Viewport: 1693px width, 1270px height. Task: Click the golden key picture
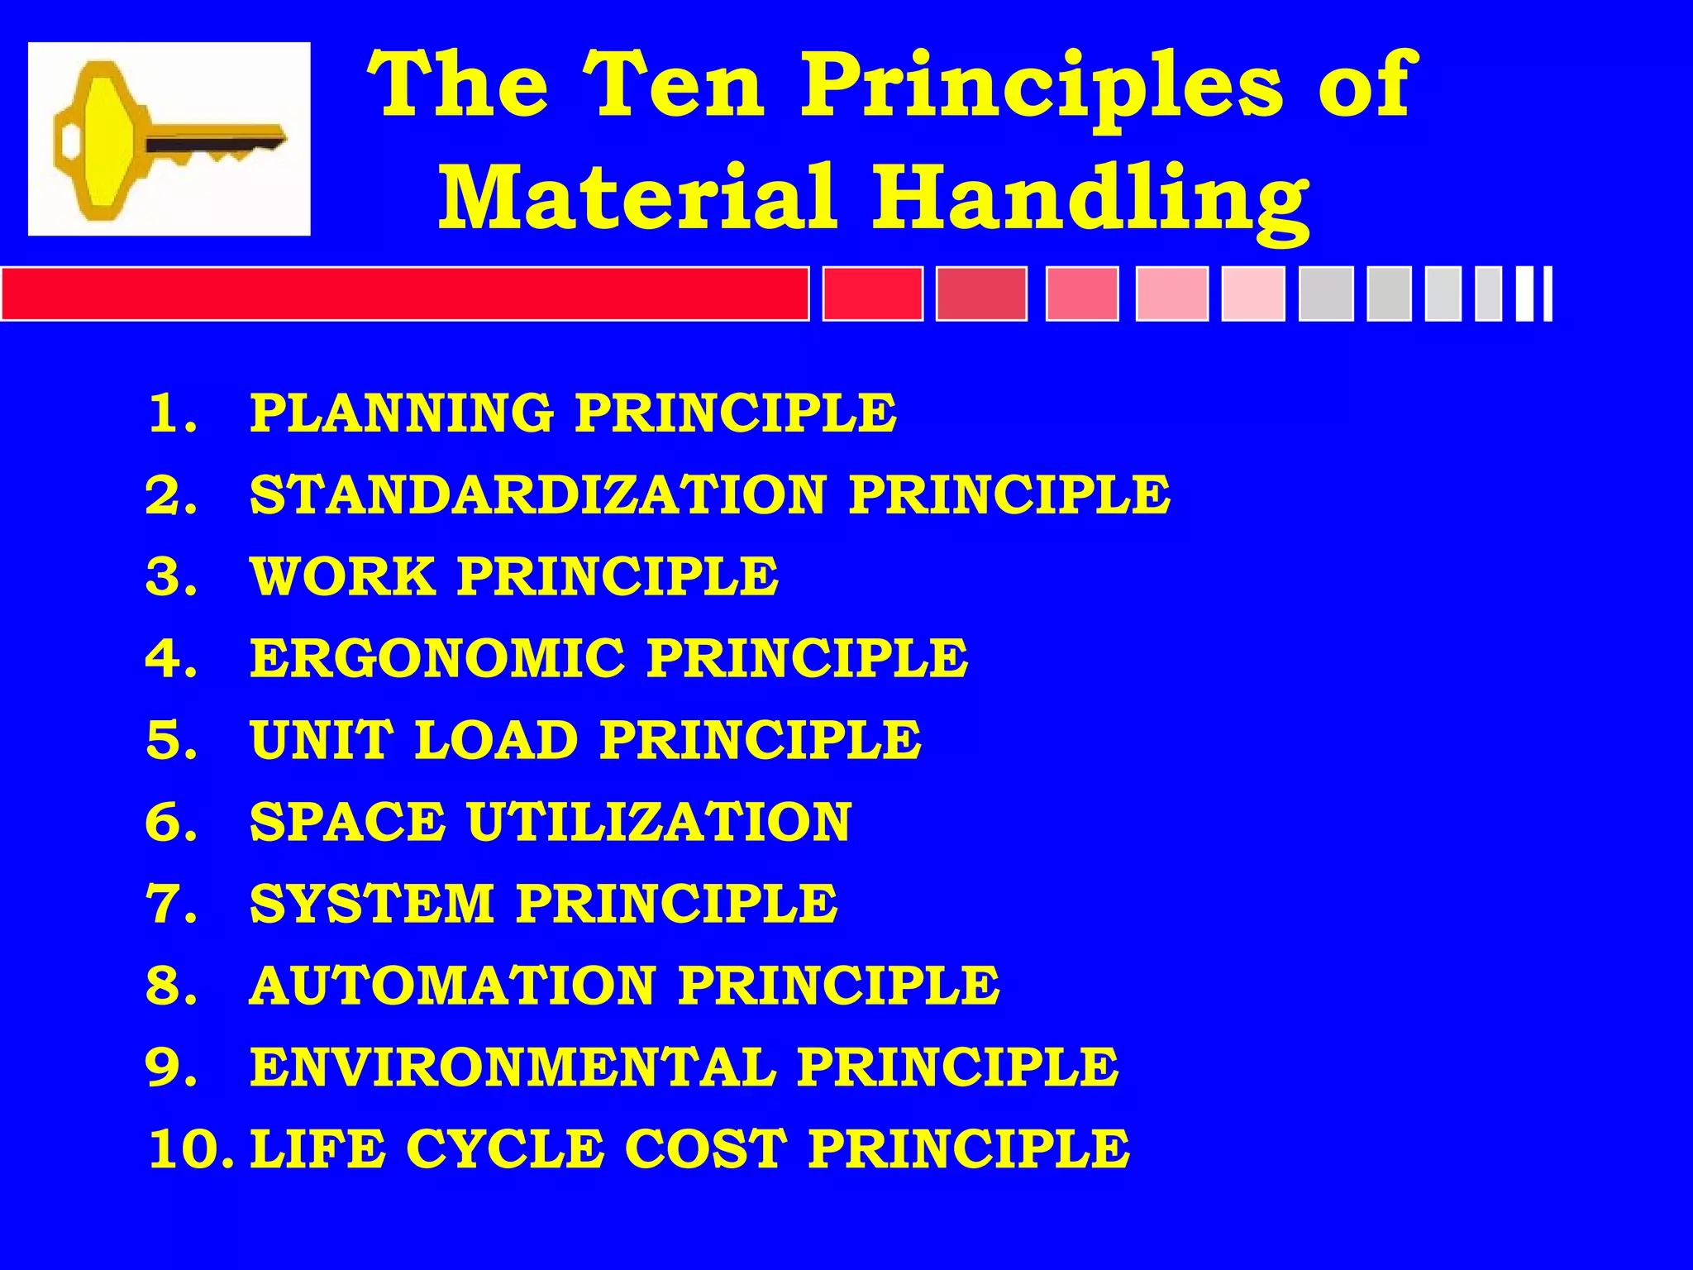point(169,139)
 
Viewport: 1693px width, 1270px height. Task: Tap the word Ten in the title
point(677,84)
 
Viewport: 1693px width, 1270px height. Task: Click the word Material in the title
point(637,197)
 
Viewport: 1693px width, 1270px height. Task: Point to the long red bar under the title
point(405,294)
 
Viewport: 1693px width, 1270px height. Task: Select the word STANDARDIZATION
point(538,494)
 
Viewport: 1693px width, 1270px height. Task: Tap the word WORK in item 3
point(343,575)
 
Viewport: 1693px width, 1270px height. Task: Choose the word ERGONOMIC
point(437,658)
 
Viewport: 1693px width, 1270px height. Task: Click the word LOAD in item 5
point(496,739)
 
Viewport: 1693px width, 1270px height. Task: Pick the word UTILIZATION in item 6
point(659,822)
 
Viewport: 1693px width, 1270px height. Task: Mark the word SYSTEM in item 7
point(372,903)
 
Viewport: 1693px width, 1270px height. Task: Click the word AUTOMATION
point(452,986)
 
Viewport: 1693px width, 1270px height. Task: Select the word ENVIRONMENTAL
point(513,1067)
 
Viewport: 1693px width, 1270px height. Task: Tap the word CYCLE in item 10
point(505,1149)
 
